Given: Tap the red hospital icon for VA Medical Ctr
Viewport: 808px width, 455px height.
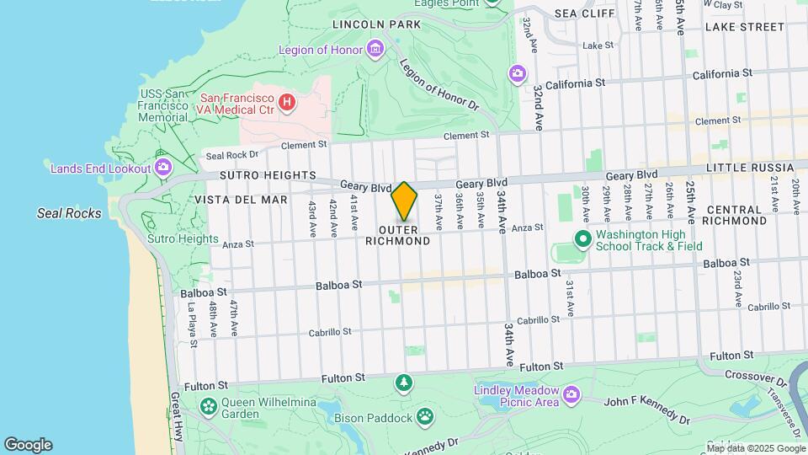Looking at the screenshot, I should [x=287, y=103].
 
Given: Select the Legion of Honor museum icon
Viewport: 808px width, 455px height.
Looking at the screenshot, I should [x=375, y=50].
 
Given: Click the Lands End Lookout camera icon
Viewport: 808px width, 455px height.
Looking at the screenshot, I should [x=163, y=168].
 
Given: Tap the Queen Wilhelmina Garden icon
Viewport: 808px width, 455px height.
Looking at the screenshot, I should [x=208, y=408].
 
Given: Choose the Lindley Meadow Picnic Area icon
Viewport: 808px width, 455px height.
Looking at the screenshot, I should [x=571, y=394].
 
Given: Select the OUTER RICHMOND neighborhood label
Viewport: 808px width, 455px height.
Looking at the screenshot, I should [x=398, y=235].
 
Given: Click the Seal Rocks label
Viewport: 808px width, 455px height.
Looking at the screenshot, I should [x=69, y=213].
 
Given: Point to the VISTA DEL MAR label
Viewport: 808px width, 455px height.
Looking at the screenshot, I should [x=242, y=200].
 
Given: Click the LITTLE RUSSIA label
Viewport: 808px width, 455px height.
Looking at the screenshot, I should [x=750, y=169].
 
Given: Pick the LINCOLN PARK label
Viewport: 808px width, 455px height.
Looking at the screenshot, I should [x=376, y=24].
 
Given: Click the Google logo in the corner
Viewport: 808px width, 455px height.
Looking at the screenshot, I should [x=28, y=445].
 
